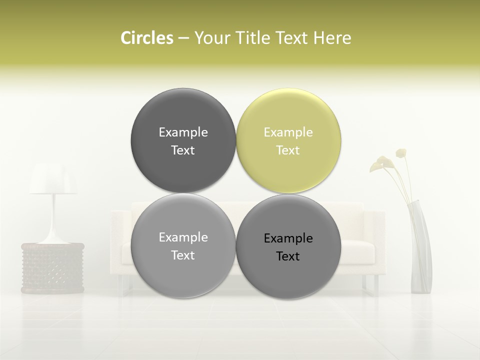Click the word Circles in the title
146,38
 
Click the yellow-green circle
288,140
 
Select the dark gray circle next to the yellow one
183,140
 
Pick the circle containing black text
288,246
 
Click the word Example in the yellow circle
288,132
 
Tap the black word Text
288,256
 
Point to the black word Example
288,238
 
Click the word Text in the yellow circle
288,150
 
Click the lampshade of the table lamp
53,179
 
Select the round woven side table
52,267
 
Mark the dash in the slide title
183,38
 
